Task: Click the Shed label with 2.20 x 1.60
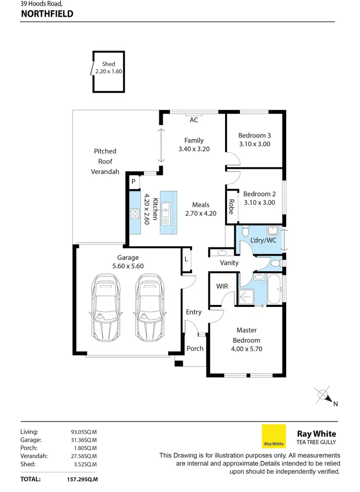(x=108, y=68)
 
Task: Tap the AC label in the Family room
(x=193, y=120)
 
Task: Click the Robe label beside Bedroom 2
(x=231, y=206)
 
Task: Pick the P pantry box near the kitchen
(x=133, y=182)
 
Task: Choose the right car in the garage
(x=149, y=308)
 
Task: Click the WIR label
(x=222, y=286)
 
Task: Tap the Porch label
(x=195, y=349)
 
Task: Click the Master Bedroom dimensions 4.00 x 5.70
(x=246, y=349)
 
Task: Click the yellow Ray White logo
(x=274, y=436)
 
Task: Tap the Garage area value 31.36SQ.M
(x=84, y=439)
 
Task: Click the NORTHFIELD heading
(x=47, y=14)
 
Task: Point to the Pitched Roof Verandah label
(x=105, y=162)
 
